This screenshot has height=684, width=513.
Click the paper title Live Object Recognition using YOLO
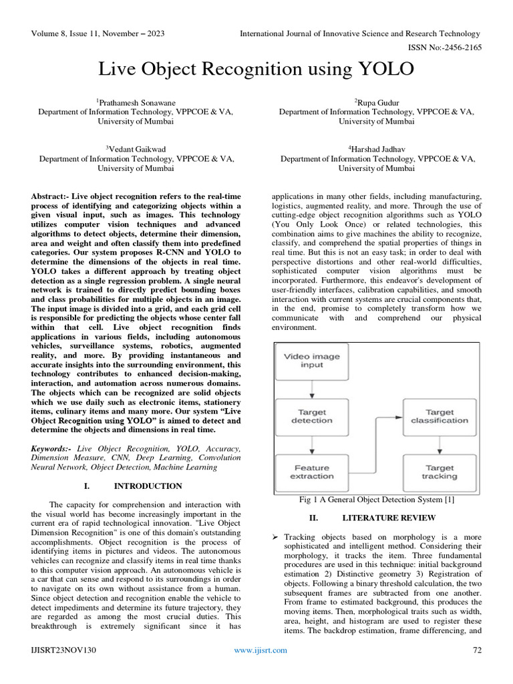point(256,69)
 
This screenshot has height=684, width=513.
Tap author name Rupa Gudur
point(377,102)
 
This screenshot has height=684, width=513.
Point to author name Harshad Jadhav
point(377,149)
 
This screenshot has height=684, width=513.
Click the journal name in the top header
point(359,33)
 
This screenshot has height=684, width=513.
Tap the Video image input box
point(311,361)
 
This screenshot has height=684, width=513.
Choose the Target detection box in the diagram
point(311,416)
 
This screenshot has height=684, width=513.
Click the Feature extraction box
point(311,472)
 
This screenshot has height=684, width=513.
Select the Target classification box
point(439,416)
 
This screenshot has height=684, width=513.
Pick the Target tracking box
point(439,472)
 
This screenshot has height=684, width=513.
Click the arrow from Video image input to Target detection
point(311,389)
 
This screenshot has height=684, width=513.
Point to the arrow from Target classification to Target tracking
point(439,444)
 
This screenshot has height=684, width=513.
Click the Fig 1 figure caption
point(377,500)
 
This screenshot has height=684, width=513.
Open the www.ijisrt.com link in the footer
point(260,650)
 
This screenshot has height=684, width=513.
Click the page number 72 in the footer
point(477,650)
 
